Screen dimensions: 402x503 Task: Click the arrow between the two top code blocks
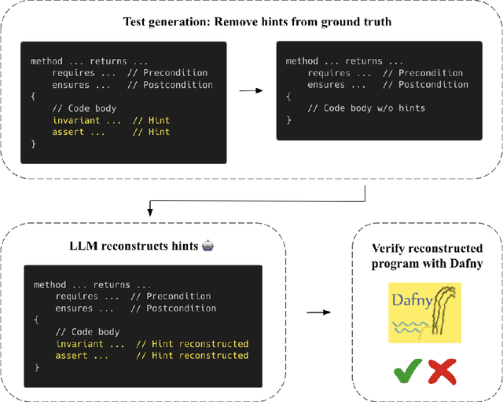(251, 90)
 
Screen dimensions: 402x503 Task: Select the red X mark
(442, 370)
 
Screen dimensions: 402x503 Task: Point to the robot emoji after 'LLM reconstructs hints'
(207, 247)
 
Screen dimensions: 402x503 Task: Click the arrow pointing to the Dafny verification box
(318, 312)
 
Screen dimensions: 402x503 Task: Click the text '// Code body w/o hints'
(365, 108)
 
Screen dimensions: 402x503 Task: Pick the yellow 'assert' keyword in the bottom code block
(72, 356)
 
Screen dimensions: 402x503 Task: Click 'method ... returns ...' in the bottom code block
(92, 285)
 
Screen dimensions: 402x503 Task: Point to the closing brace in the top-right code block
(288, 119)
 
